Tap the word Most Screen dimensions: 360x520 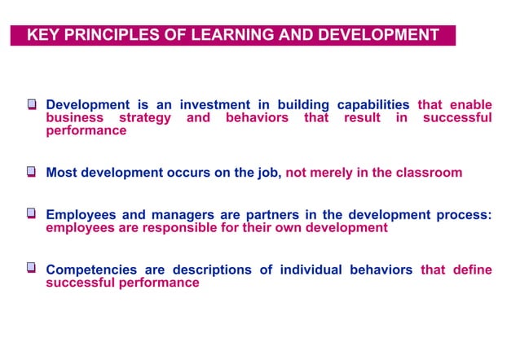[62, 173]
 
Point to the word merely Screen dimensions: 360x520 [332, 173]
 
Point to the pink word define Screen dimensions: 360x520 [469, 270]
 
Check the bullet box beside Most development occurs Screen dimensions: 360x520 [32, 173]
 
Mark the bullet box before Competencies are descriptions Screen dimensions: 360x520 [32, 269]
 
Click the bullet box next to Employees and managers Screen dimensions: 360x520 [32, 214]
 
